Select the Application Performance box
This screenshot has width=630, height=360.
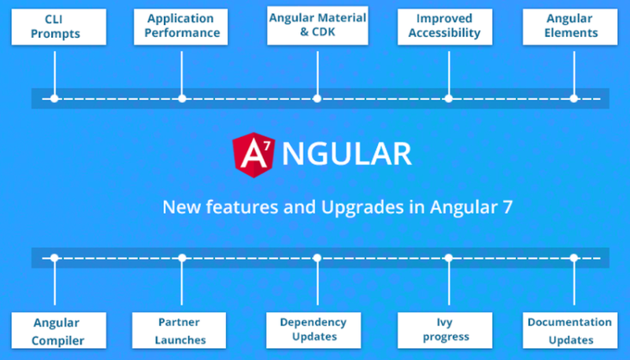click(182, 26)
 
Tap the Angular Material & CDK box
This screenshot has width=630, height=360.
click(317, 26)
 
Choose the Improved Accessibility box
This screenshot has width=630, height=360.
click(449, 26)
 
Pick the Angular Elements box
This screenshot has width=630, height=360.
click(572, 26)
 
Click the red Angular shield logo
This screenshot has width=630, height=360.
click(252, 154)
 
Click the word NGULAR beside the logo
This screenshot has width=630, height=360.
click(346, 154)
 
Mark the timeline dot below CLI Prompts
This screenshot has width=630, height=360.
click(54, 98)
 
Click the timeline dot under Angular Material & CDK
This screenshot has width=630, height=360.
click(317, 98)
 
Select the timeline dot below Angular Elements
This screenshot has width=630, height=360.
click(573, 98)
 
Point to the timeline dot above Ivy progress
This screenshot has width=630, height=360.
click(448, 258)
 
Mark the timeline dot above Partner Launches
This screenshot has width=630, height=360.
click(182, 258)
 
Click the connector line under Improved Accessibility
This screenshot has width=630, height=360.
click(448, 71)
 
